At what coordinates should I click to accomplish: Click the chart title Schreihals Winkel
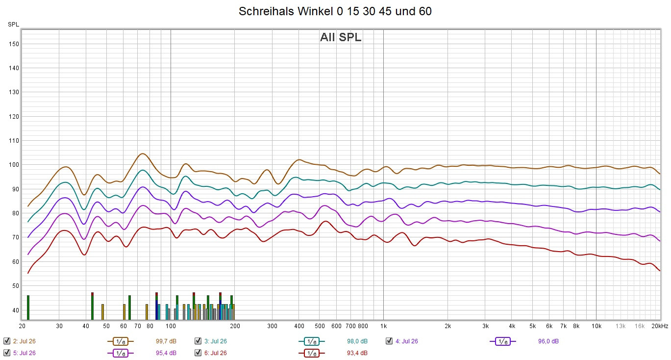click(x=335, y=11)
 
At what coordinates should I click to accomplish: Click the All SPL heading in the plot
click(x=341, y=37)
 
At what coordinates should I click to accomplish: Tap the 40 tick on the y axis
click(x=15, y=310)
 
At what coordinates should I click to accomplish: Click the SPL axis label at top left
click(x=13, y=24)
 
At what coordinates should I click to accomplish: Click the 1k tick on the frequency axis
click(x=383, y=326)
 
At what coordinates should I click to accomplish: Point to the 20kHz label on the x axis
click(x=660, y=326)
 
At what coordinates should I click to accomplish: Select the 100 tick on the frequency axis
click(x=171, y=326)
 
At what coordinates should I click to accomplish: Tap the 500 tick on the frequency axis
click(x=320, y=326)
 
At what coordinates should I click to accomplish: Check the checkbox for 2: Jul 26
click(x=7, y=341)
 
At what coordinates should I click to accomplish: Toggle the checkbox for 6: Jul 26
click(x=198, y=353)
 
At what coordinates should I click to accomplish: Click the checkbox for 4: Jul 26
click(x=389, y=341)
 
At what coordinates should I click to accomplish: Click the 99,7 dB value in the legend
click(x=166, y=341)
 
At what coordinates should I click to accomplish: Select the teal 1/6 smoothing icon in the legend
click(x=311, y=341)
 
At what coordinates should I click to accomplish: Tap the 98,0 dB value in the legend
click(x=357, y=341)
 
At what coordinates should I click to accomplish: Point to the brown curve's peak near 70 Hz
click(x=142, y=154)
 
